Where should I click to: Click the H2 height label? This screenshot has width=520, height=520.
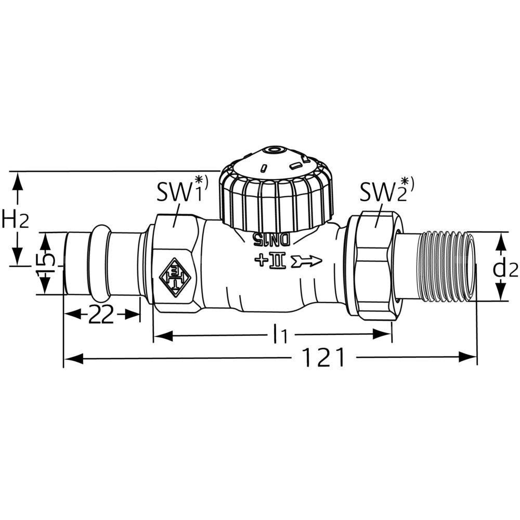click(15, 219)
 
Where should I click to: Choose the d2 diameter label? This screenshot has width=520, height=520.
click(505, 269)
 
